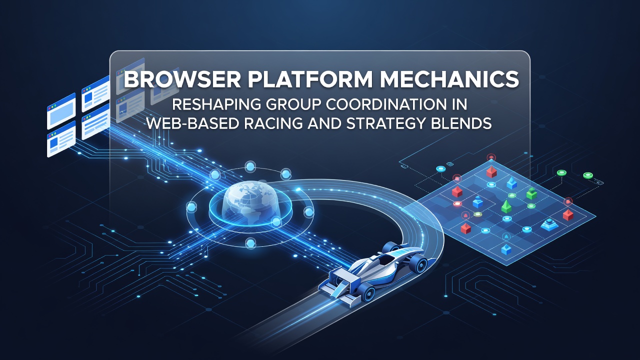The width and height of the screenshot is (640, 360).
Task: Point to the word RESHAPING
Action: [x=216, y=104]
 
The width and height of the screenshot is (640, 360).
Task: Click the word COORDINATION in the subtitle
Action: [x=383, y=104]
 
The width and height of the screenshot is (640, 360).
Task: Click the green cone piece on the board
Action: [x=506, y=206]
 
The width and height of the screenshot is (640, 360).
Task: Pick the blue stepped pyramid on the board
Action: [x=549, y=224]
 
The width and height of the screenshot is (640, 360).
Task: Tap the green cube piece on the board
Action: [x=531, y=193]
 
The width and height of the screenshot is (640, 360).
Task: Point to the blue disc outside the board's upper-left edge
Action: [x=441, y=169]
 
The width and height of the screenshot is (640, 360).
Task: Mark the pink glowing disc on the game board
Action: [x=457, y=203]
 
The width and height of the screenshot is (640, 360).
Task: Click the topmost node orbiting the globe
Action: [x=250, y=166]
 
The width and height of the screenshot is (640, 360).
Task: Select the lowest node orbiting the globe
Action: [x=250, y=243]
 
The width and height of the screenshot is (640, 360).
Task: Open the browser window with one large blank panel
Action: [x=61, y=111]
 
